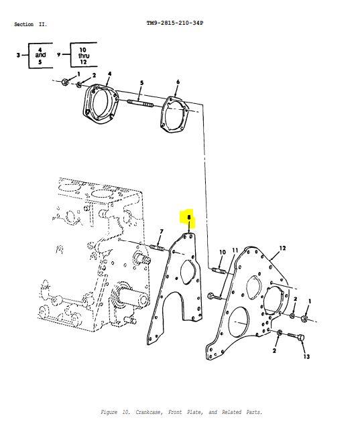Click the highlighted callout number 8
189,217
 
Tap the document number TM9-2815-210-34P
175,23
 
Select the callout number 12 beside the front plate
282,248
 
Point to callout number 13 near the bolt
306,356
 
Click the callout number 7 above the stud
162,232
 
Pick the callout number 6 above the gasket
178,82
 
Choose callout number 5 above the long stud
141,83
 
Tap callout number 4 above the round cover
110,74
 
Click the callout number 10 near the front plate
223,252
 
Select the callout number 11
235,251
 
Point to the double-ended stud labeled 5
140,103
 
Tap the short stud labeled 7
157,247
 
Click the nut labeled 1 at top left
64,82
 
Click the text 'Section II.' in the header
31,24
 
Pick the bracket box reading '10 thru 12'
83,55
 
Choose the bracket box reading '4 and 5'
40,56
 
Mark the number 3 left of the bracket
18,55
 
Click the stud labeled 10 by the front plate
217,270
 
